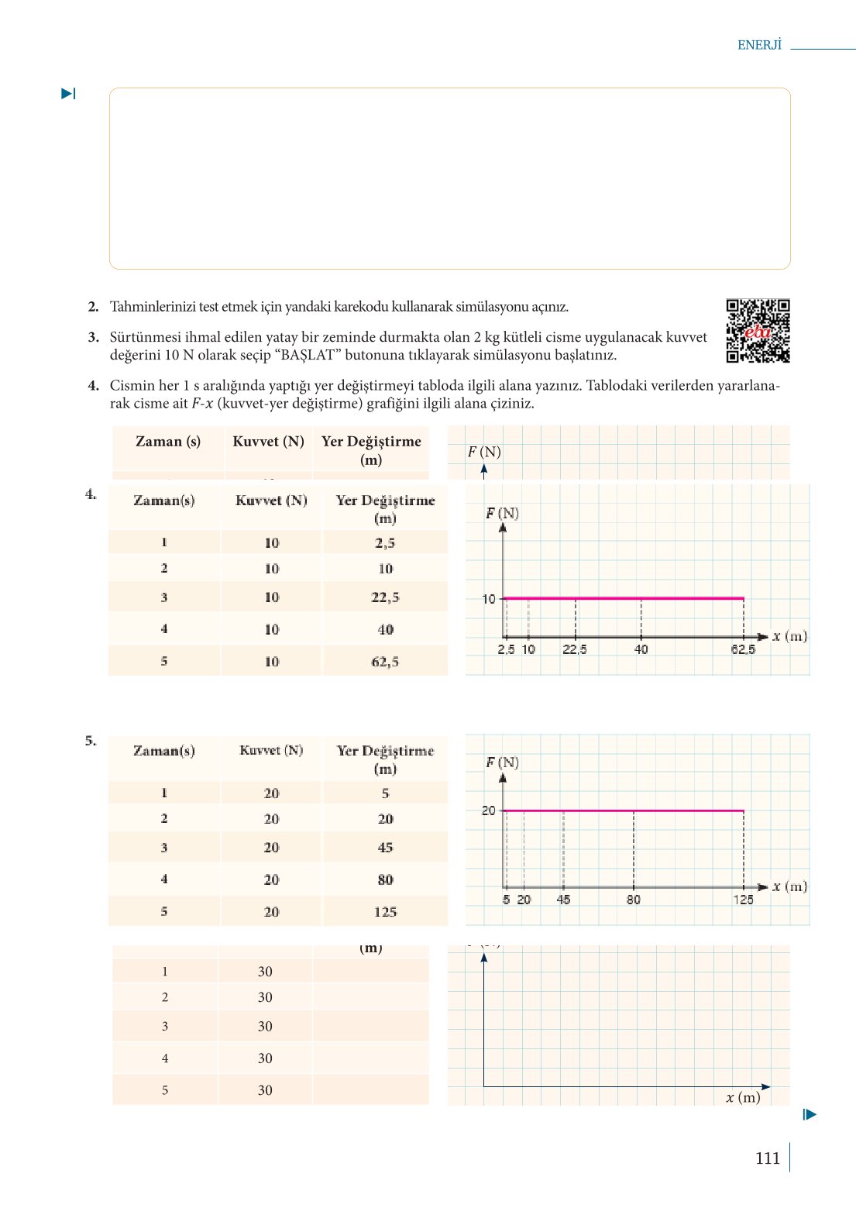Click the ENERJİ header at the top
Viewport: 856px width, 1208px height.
coord(759,45)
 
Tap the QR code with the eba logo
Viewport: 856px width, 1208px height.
coord(758,331)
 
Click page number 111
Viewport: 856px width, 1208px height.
coord(767,1158)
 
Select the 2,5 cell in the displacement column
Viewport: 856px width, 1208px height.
coord(385,543)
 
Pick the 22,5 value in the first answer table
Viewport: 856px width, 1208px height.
coord(385,597)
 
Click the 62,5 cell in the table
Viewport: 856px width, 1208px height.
coord(385,662)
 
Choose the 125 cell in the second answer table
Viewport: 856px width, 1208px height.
coord(385,912)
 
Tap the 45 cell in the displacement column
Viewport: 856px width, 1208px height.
coord(385,848)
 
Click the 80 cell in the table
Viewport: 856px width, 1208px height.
coord(385,880)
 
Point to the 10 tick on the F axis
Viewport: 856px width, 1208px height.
coord(489,599)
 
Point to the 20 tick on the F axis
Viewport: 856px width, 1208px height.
coord(489,810)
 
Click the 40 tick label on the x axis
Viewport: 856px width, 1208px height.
coord(641,649)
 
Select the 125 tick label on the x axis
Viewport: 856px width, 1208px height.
coord(743,900)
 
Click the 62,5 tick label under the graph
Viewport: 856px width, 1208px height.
coord(742,649)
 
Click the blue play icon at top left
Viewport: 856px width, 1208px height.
coord(68,94)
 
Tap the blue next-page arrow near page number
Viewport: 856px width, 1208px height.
coord(810,1115)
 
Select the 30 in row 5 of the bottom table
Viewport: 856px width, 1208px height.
coord(265,1090)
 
